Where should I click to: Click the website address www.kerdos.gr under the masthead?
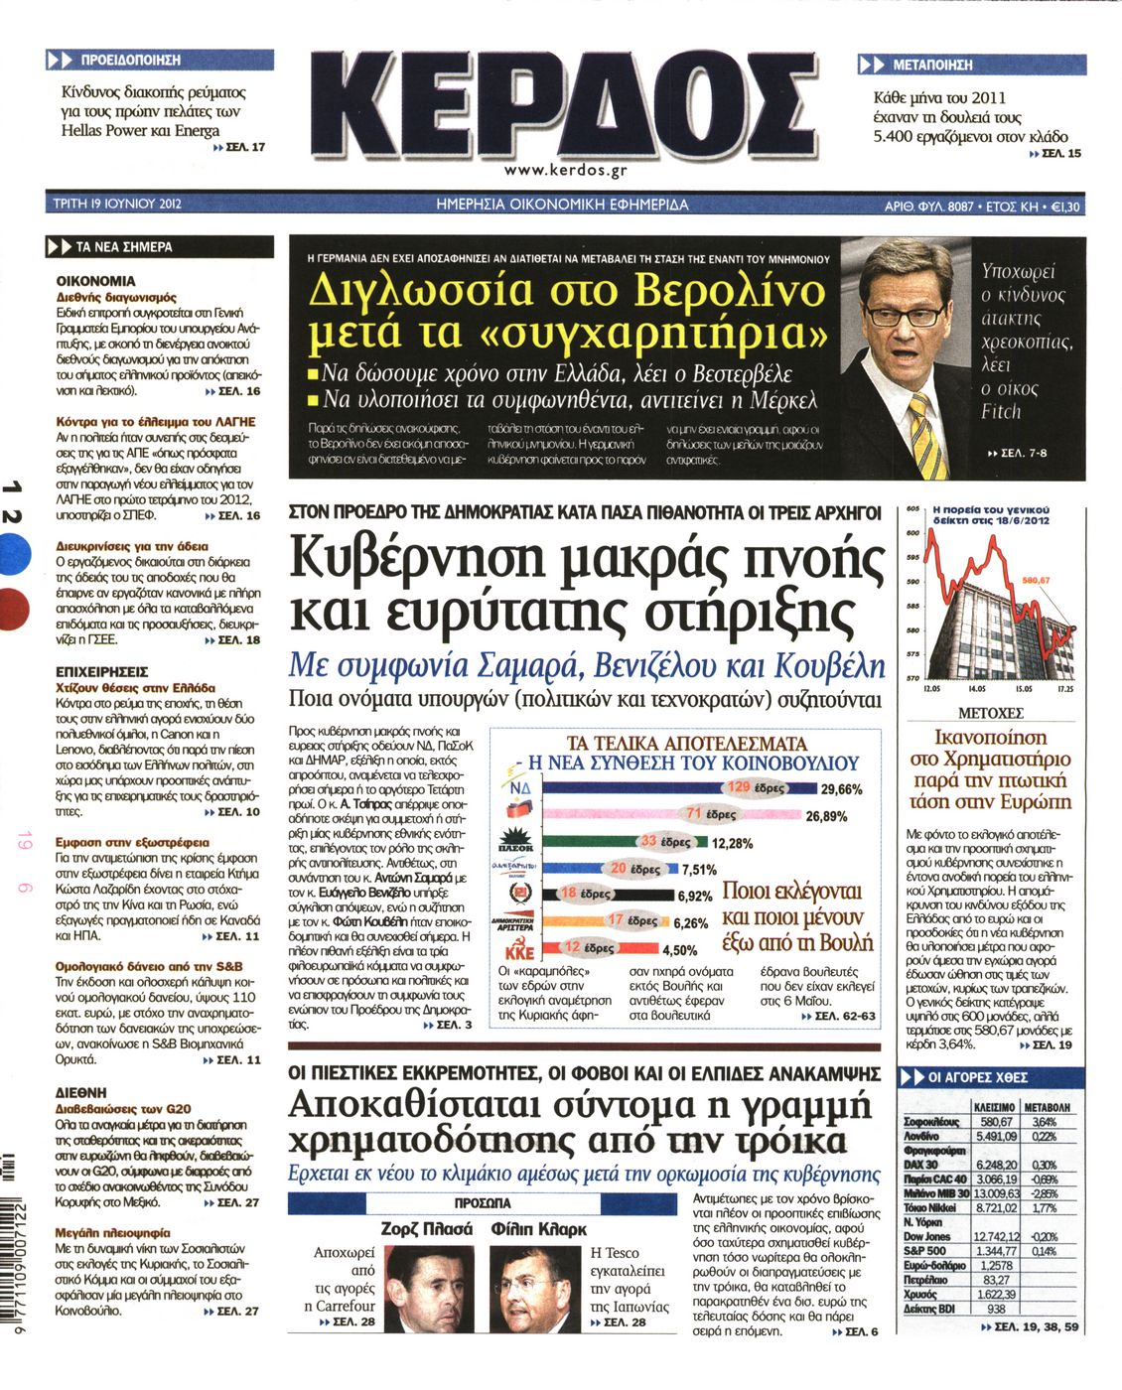pyautogui.click(x=566, y=170)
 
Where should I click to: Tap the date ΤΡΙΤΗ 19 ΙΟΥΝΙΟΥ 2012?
pyautogui.click(x=117, y=206)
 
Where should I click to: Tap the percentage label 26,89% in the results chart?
pyautogui.click(x=826, y=816)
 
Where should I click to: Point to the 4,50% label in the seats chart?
pyautogui.click(x=680, y=950)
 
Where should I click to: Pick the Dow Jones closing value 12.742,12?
pyautogui.click(x=996, y=1236)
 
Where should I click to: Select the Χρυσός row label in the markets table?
pyautogui.click(x=921, y=1295)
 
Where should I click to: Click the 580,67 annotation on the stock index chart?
pyautogui.click(x=1036, y=580)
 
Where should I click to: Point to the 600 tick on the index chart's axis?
pyautogui.click(x=913, y=533)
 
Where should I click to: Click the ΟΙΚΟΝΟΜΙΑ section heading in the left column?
pyautogui.click(x=95, y=281)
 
